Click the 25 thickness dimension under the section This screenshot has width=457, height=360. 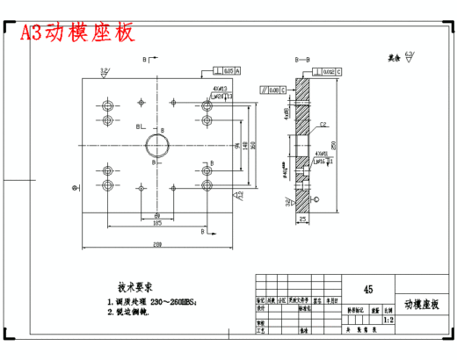pyautogui.click(x=303, y=218)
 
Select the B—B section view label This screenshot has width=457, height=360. pyautogui.click(x=302, y=59)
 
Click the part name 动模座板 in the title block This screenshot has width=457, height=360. pyautogui.click(x=421, y=304)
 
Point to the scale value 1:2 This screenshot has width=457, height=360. pyautogui.click(x=388, y=321)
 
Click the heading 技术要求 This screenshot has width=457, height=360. pyautogui.click(x=136, y=287)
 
